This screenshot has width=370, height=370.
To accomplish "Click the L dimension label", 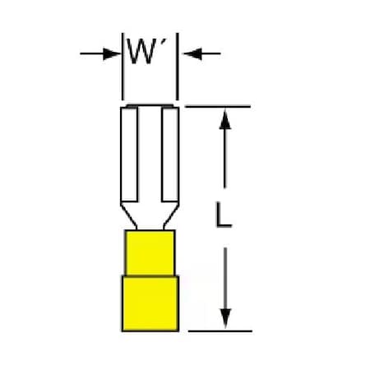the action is pos(224,215).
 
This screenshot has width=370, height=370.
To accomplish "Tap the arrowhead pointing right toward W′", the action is pos(112,53).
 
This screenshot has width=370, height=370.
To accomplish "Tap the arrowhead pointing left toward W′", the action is pos(192,53).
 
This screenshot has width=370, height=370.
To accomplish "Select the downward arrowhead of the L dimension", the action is pos(225,318).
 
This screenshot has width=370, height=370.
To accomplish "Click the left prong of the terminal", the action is pos(129,155).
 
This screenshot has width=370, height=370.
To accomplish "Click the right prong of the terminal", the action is pos(170,155).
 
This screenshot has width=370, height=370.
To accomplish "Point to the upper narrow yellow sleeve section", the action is pos(150,252).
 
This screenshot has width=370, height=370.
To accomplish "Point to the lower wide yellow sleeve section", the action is pos(150,303).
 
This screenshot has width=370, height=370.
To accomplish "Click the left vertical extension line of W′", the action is pos(123,67).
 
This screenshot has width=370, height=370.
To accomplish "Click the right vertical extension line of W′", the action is pos(178,67).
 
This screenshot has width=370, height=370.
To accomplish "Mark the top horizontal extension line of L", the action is pos(218,106).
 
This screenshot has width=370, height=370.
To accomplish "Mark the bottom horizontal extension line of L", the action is pos(220,331).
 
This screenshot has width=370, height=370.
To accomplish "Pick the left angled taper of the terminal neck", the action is pos(129,216).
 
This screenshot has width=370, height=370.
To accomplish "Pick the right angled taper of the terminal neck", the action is pos(171,216).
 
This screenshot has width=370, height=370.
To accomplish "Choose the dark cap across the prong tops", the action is pos(150,106).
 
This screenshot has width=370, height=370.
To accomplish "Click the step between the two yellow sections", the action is pos(150,275).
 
